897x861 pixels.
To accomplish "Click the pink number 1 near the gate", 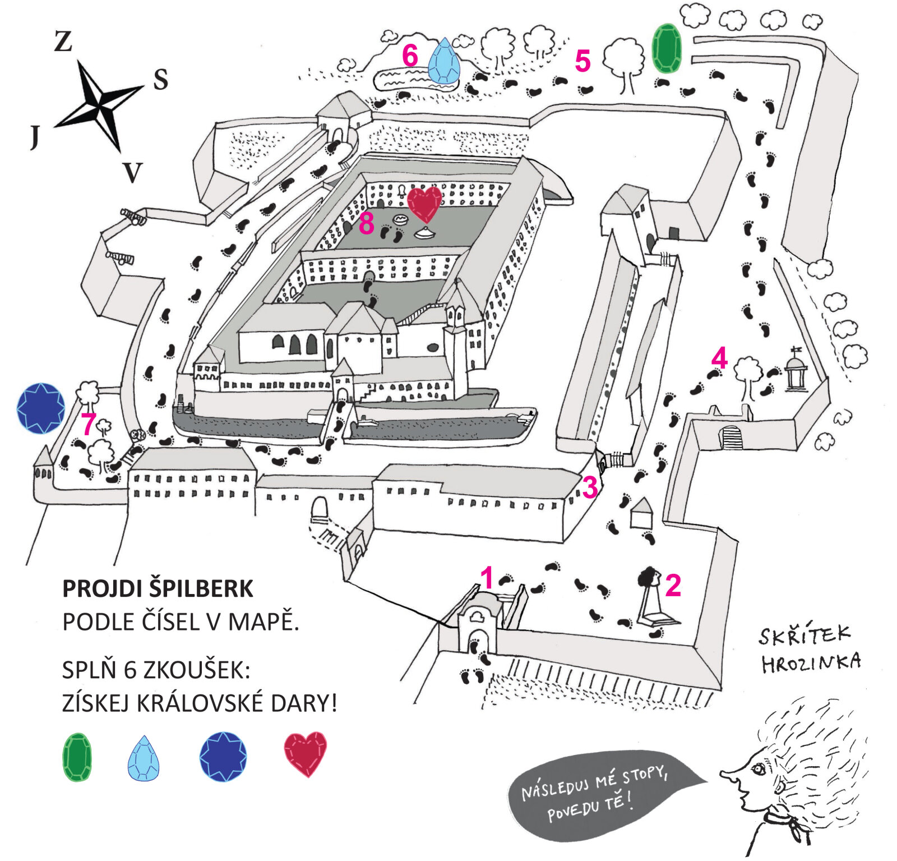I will (x=487, y=578).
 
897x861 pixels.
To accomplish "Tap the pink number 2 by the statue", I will (x=673, y=586).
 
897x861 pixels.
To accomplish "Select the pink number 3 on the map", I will (x=589, y=487).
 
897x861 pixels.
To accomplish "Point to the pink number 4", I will (x=719, y=358).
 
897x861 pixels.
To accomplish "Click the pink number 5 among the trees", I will (x=582, y=61).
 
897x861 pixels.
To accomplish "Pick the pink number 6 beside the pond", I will (x=410, y=56).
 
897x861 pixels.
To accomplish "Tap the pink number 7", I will (x=88, y=424).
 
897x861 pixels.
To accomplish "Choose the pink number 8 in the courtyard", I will (x=366, y=224).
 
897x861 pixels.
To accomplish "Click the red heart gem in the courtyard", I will (x=424, y=204).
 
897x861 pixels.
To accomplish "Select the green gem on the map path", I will (x=667, y=48).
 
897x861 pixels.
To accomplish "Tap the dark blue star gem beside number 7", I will (x=41, y=408).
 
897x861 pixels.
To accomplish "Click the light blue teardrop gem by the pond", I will (x=444, y=62).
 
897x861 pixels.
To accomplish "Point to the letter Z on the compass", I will (x=63, y=42).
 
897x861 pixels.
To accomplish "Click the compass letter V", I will (x=133, y=173).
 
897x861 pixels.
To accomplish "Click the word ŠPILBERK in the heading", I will (x=201, y=589).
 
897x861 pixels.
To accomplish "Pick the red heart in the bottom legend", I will (x=305, y=753).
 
